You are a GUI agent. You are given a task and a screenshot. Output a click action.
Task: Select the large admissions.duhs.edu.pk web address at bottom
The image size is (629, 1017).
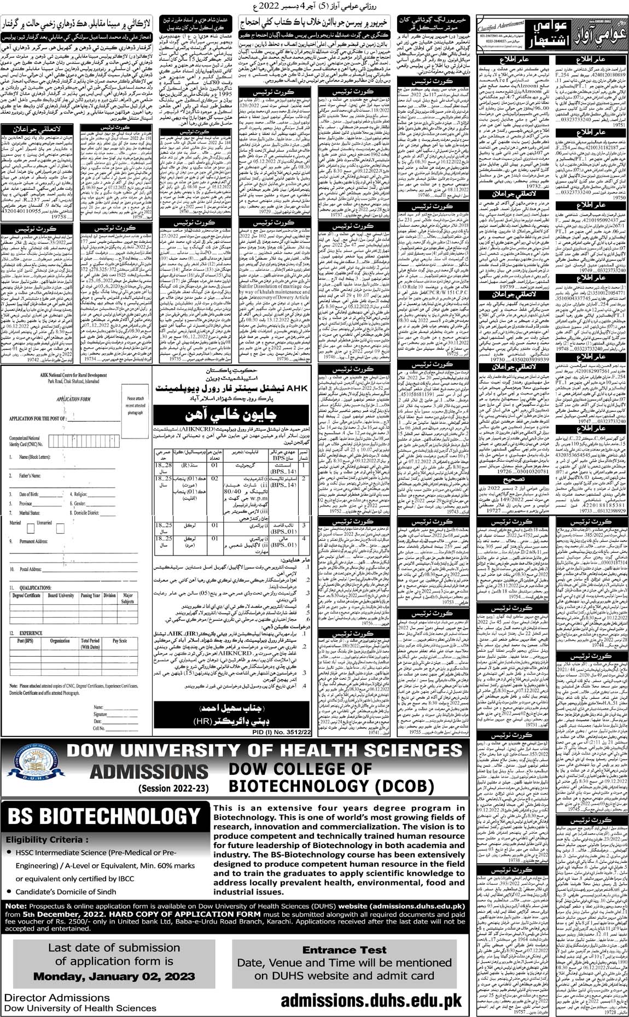click(371, 1001)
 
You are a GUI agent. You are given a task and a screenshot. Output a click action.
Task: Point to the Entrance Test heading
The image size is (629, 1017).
click(344, 950)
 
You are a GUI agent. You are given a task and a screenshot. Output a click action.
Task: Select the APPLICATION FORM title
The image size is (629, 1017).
click(73, 399)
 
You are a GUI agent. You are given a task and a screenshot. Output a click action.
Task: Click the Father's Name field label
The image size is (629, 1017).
click(30, 476)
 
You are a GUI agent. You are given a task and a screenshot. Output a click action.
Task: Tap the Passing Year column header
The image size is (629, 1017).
click(90, 596)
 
